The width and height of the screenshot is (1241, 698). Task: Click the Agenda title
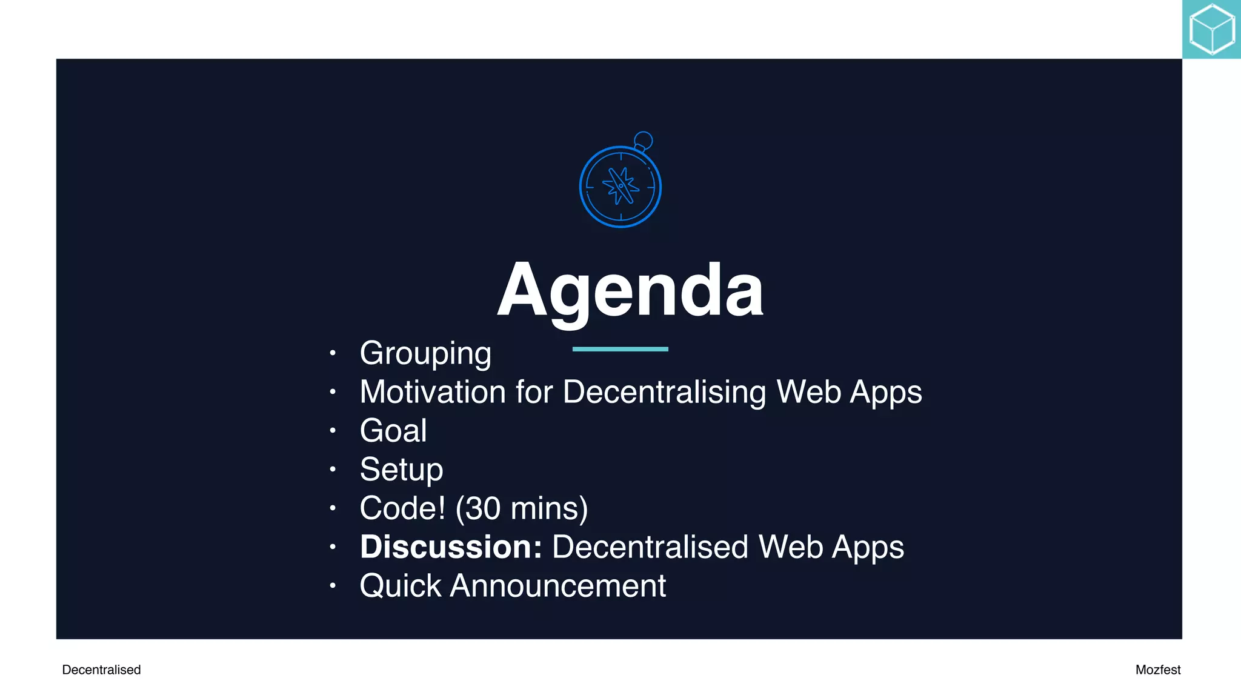[x=630, y=290]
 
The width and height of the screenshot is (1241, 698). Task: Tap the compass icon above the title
[x=620, y=187]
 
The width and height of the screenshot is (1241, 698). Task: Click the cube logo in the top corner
[x=1211, y=29]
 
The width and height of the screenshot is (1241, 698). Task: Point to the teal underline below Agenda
[x=620, y=349]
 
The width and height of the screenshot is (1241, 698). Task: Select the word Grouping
[x=425, y=353]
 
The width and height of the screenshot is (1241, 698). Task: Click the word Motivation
[x=433, y=391]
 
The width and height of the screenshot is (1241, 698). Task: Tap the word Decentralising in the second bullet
[x=664, y=391]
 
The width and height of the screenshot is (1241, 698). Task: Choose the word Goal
[x=393, y=431]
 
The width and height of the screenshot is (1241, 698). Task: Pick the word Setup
[x=401, y=470]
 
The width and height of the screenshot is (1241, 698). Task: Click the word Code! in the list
[x=402, y=508]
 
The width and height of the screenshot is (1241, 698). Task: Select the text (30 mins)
[x=521, y=508]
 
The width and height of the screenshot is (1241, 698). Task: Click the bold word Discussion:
[x=451, y=547]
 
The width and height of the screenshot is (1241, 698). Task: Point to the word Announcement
[x=557, y=586]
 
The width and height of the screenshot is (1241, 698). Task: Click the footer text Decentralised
[x=101, y=670]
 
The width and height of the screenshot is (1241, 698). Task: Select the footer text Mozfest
[x=1157, y=670]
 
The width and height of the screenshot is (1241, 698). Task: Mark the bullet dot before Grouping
[x=332, y=353]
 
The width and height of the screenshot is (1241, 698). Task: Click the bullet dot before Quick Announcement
[x=332, y=585]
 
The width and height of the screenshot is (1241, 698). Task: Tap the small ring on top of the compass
[x=643, y=141]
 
